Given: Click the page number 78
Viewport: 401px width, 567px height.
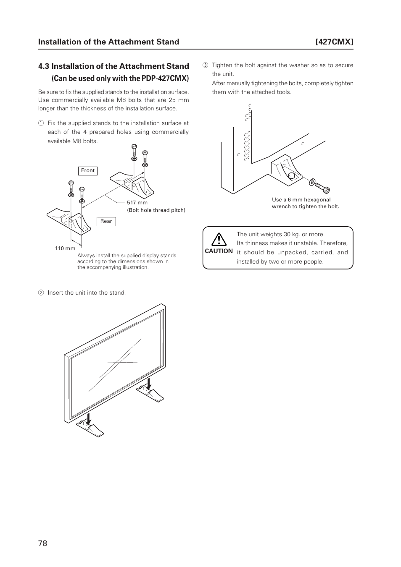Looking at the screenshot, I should pyautogui.click(x=42, y=543).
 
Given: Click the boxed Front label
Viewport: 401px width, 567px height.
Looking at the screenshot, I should pyautogui.click(x=88, y=170).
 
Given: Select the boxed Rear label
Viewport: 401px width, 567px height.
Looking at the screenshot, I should pyautogui.click(x=106, y=221).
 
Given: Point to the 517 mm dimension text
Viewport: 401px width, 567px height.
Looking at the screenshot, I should pyautogui.click(x=137, y=203).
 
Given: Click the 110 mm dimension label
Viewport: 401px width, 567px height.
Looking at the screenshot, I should pyautogui.click(x=65, y=248).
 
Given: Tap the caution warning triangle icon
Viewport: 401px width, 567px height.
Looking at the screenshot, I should pyautogui.click(x=219, y=239).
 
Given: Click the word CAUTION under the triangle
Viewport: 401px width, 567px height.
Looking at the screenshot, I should pyautogui.click(x=219, y=251).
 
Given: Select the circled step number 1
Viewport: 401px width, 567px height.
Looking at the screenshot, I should pyautogui.click(x=41, y=123).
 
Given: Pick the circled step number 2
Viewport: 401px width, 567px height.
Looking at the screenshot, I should pyautogui.click(x=41, y=293).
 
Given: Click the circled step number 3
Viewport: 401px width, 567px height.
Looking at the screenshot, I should pyautogui.click(x=206, y=65).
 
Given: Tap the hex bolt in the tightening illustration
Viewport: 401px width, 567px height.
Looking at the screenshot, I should pyautogui.click(x=323, y=187).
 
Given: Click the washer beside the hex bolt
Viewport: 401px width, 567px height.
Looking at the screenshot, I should pyautogui.click(x=312, y=182).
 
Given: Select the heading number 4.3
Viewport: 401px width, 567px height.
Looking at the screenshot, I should pyautogui.click(x=44, y=66).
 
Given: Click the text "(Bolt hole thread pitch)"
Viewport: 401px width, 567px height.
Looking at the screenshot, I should pyautogui.click(x=156, y=210).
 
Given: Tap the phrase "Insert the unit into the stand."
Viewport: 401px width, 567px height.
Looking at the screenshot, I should pyautogui.click(x=87, y=293).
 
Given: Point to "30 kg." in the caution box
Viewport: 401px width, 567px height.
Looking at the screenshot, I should pyautogui.click(x=292, y=234).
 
